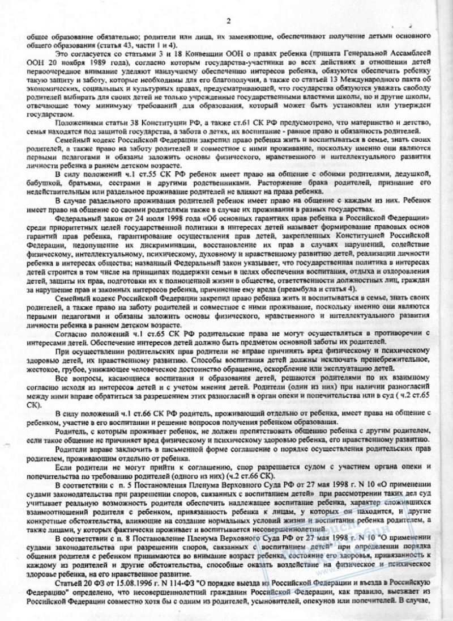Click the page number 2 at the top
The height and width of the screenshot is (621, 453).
pyautogui.click(x=228, y=21)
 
